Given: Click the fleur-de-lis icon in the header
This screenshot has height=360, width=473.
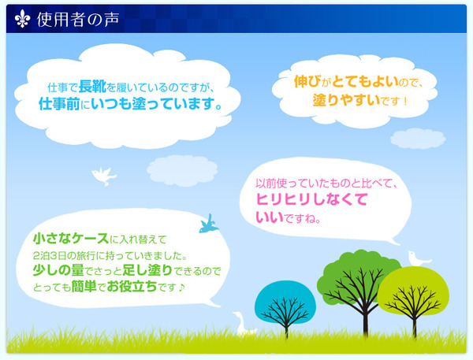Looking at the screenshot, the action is [23, 19].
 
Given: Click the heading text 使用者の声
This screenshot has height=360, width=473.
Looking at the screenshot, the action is [78, 20].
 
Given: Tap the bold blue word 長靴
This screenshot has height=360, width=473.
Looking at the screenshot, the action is [92, 87].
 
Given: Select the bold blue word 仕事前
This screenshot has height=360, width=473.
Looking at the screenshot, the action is [59, 104].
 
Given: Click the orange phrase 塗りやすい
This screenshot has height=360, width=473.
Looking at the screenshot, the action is [346, 100].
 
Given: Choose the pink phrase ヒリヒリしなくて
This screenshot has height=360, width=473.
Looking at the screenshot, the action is [312, 199].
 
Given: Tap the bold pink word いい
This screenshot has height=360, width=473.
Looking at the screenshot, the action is [270, 217].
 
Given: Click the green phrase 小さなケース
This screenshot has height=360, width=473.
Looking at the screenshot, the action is [71, 239].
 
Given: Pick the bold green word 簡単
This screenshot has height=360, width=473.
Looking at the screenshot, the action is [84, 287].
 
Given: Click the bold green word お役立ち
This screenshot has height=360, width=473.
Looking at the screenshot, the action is [132, 287].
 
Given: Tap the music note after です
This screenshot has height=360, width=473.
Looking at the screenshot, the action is [181, 288].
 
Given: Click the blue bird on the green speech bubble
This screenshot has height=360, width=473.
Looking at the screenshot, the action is [209, 225].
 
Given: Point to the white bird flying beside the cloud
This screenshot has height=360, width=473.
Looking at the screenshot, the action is [103, 176].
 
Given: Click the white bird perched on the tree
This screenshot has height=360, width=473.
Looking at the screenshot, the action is [418, 258].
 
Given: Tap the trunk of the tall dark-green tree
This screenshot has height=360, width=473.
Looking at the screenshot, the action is [366, 320].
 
